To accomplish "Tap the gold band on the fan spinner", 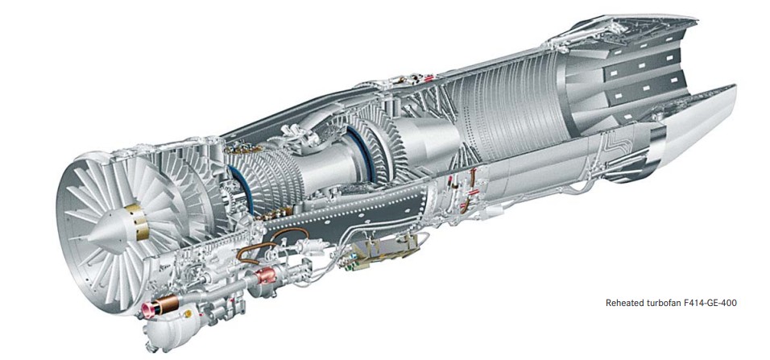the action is (138, 222).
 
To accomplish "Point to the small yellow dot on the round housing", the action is (187, 313).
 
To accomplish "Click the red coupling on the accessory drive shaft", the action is (265, 276).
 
